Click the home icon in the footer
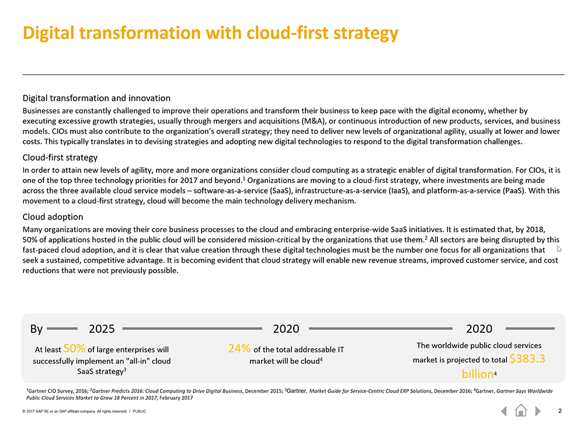point(521,411)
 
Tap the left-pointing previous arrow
point(504,411)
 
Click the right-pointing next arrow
point(537,411)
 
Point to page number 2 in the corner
point(560,411)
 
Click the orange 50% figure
point(75,348)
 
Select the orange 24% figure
point(239,348)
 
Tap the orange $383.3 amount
point(527,359)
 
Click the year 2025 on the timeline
point(102,329)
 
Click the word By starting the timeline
point(36,329)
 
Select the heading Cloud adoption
point(53,216)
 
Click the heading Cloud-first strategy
point(60,157)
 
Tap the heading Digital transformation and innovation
point(96,98)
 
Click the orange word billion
point(478,374)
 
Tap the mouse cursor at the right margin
point(559,249)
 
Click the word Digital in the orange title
point(49,33)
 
